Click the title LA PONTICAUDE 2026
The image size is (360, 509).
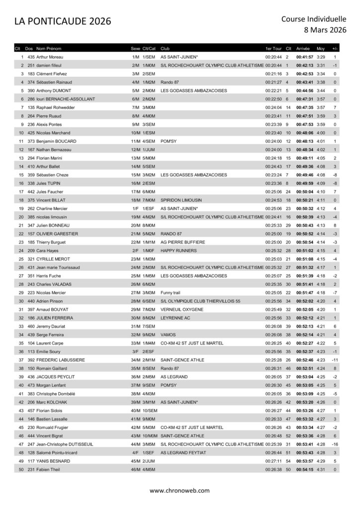62,21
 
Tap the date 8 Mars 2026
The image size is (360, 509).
325,30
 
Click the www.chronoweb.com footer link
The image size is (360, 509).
180,490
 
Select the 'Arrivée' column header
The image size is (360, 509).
303,49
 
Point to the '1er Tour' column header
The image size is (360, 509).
273,49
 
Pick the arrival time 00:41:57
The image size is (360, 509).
304,57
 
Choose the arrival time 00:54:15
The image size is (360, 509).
304,470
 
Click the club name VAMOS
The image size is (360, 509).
169,335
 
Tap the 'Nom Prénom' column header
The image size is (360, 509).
49,49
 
